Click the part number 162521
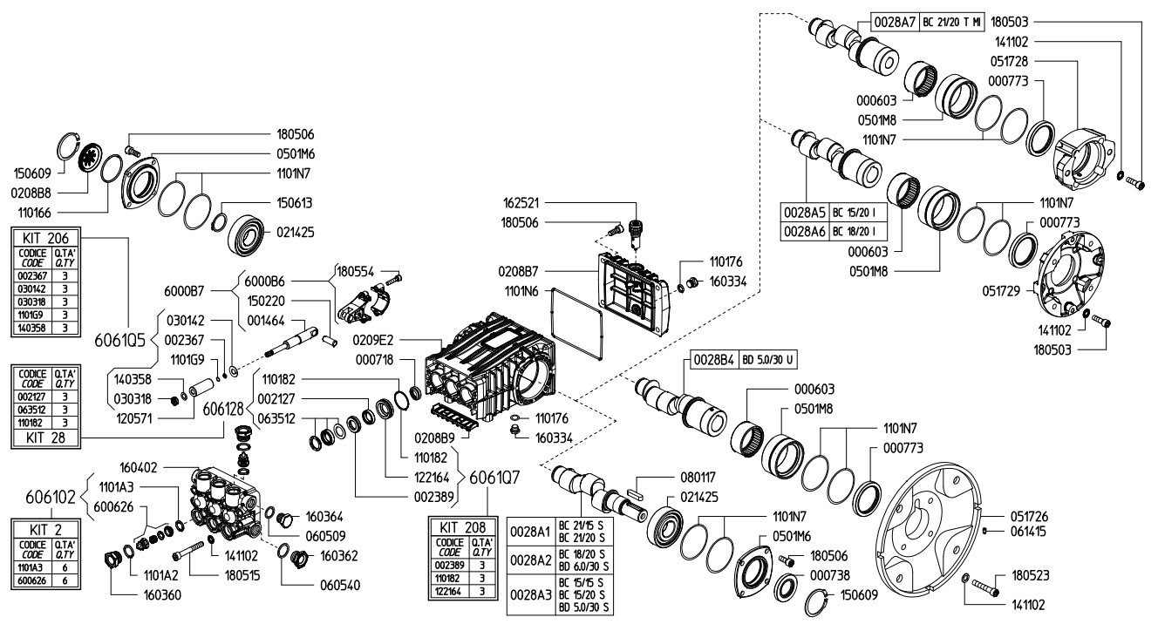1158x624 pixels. (x=521, y=203)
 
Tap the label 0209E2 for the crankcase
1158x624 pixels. (x=373, y=340)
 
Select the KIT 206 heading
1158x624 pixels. (x=45, y=238)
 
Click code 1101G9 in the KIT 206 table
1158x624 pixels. (x=31, y=315)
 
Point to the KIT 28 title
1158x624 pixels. (x=45, y=437)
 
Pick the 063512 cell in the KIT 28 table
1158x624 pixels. (x=31, y=410)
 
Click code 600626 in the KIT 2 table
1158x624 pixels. (x=31, y=580)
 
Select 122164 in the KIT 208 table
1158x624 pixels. (x=449, y=592)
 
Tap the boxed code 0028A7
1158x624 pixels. (x=895, y=22)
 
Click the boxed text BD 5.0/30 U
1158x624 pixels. (x=767, y=360)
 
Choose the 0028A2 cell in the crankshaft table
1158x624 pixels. (x=531, y=560)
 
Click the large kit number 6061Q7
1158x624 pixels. (x=494, y=478)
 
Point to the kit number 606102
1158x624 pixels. (x=51, y=497)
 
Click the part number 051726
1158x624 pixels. (x=1029, y=516)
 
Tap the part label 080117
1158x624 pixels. (x=698, y=478)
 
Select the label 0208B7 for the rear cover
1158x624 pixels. (x=518, y=271)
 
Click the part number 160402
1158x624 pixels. (x=139, y=467)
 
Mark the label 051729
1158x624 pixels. (x=1001, y=291)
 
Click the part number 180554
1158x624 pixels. (x=355, y=271)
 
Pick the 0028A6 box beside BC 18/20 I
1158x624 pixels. (x=804, y=232)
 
